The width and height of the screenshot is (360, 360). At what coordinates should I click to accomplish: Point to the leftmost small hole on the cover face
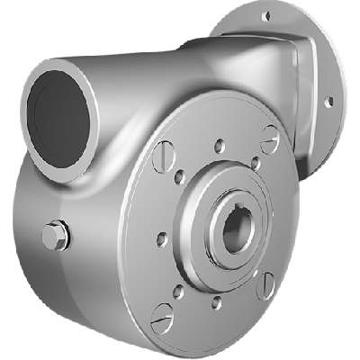(x=161, y=239)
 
